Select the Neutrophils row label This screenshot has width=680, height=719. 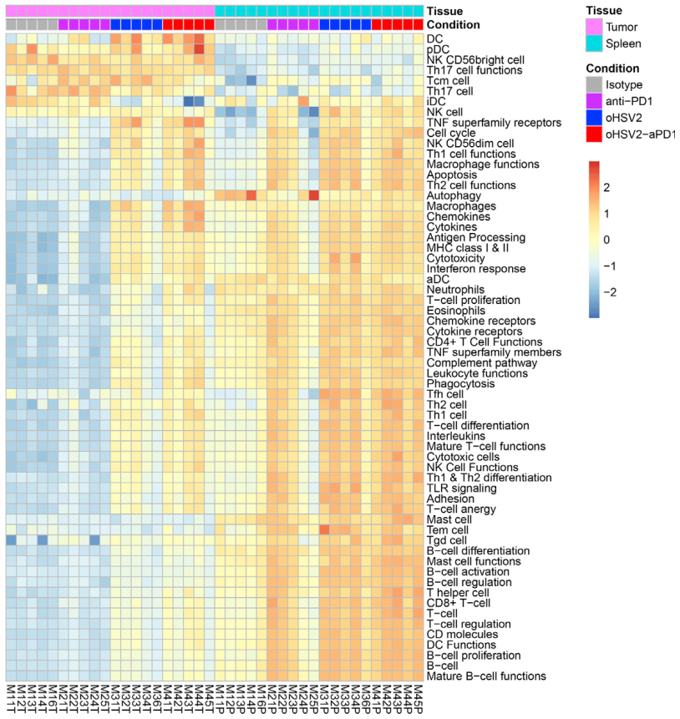coord(454,290)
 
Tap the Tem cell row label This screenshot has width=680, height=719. coord(448,529)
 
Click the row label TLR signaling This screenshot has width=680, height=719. coord(460,488)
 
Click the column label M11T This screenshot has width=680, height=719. coord(12,699)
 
